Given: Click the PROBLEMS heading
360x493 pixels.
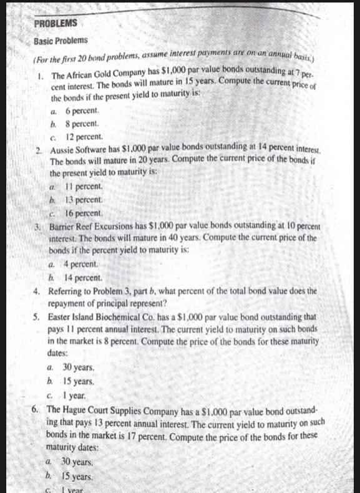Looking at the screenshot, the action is [x=56, y=23].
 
